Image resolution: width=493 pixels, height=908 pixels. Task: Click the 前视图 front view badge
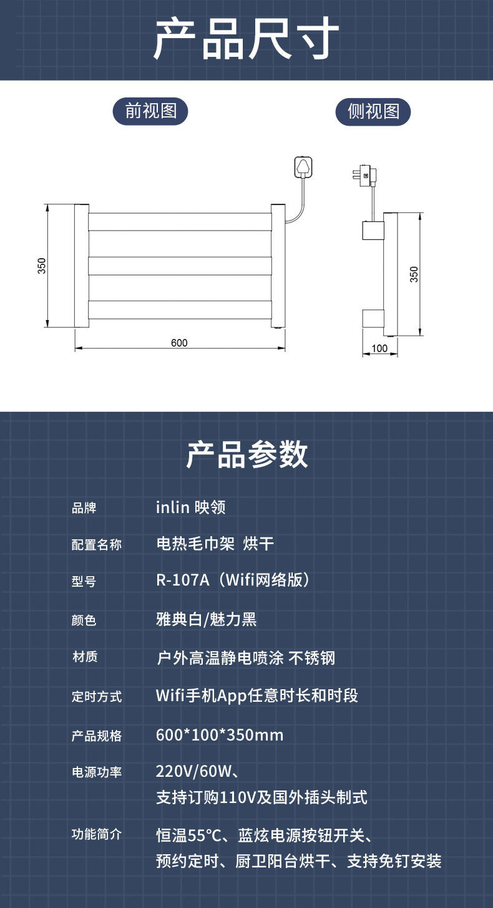(x=150, y=111)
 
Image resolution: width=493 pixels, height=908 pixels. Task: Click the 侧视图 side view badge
(x=373, y=112)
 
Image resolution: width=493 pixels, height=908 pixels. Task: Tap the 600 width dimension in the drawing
(x=179, y=342)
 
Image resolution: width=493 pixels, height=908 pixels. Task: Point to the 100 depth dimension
(x=379, y=348)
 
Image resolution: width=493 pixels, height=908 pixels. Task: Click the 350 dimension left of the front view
(x=42, y=266)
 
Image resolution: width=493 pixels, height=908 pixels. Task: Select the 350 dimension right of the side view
(x=414, y=274)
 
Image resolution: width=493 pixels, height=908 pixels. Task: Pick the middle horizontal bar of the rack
(x=180, y=266)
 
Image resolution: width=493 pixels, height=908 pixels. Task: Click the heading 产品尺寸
(x=246, y=39)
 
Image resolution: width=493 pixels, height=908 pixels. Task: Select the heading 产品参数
(x=246, y=454)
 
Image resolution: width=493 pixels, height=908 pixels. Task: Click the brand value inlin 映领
(x=190, y=507)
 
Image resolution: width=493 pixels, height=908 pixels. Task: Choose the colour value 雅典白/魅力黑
(x=206, y=619)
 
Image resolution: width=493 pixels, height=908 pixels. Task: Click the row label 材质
(x=85, y=657)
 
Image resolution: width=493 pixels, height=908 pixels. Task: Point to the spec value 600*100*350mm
(x=220, y=735)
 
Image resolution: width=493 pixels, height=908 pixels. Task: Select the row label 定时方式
(x=97, y=696)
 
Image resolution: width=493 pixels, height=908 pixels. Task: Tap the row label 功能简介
(x=97, y=834)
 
